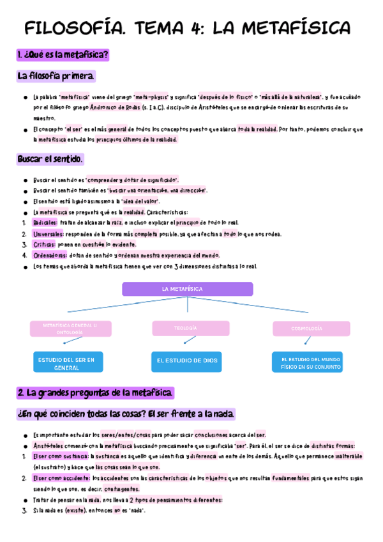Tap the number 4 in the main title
point(195,28)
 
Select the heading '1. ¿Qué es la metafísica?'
point(63,55)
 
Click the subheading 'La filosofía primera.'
point(56,77)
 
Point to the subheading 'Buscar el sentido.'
point(50,159)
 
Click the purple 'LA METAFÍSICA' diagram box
point(187,289)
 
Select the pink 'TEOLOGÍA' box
point(190,329)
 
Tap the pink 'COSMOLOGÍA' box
point(311,329)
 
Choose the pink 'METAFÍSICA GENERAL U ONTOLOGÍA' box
point(70,329)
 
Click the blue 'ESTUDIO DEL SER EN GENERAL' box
point(68,362)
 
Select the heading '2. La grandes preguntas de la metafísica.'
point(95,392)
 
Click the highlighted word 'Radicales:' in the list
point(45,222)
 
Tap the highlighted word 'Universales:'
point(48,233)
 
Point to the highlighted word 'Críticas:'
point(44,244)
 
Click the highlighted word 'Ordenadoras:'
point(49,255)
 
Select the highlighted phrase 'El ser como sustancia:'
point(61,456)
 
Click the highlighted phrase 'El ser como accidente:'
point(61,478)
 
